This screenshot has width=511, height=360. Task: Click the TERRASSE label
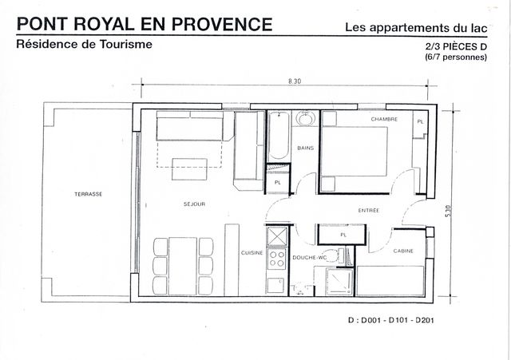(x=89, y=194)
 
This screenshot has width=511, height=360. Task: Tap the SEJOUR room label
(x=194, y=204)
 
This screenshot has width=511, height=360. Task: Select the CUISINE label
(x=252, y=253)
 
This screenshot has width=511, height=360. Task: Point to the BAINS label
(x=305, y=148)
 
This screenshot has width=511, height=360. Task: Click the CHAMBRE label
(x=384, y=119)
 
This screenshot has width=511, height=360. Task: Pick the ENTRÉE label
(x=369, y=211)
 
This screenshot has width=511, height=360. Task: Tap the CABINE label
(x=403, y=251)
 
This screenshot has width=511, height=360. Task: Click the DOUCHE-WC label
(x=310, y=258)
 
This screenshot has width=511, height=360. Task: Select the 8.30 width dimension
(x=295, y=81)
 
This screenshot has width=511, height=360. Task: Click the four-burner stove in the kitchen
(x=277, y=259)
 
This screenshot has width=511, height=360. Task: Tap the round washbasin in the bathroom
(x=305, y=119)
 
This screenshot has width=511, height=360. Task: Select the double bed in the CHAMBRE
(x=355, y=152)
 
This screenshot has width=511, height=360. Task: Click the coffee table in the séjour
(x=190, y=168)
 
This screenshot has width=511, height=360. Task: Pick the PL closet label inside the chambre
(x=421, y=122)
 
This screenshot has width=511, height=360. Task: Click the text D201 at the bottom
(x=425, y=320)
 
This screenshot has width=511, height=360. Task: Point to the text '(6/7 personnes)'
(x=456, y=57)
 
